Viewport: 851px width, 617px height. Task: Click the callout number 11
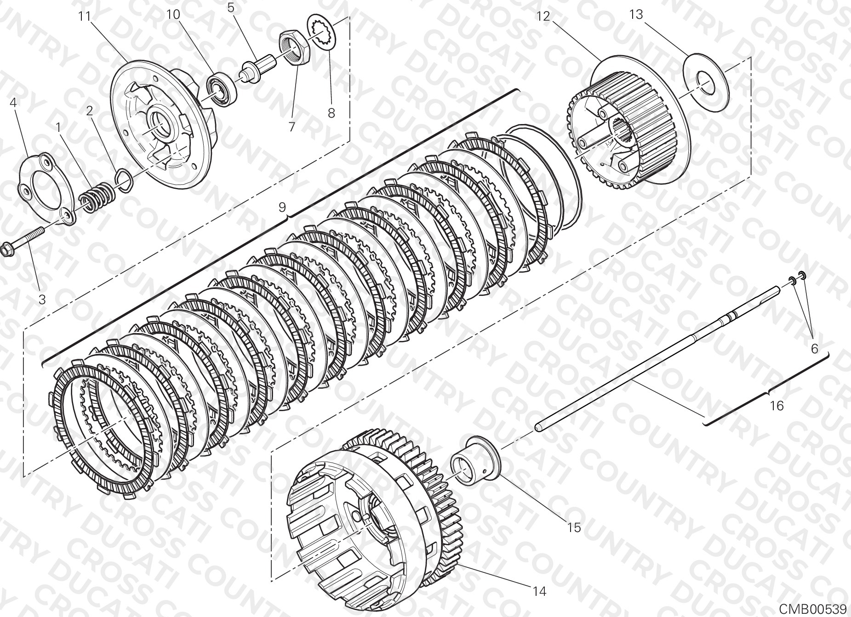85,16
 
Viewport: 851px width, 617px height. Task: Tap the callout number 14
541,591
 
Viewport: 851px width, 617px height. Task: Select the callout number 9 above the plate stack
282,207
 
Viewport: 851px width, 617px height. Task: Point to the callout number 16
777,406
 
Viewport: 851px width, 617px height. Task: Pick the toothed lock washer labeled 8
322,31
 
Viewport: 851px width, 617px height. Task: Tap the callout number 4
13,102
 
